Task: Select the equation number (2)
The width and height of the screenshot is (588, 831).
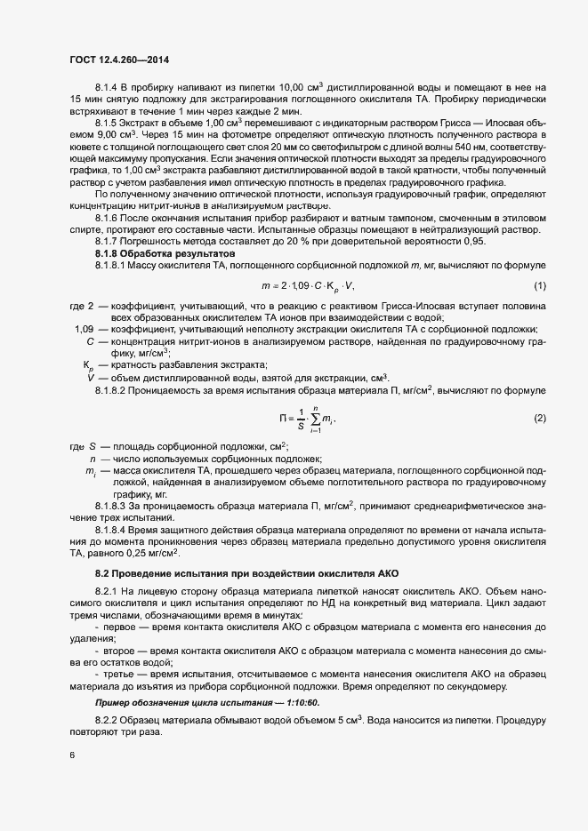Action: pos(539,418)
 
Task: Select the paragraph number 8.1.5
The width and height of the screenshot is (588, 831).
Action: pos(107,122)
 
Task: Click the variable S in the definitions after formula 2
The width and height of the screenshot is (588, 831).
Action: pos(92,446)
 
